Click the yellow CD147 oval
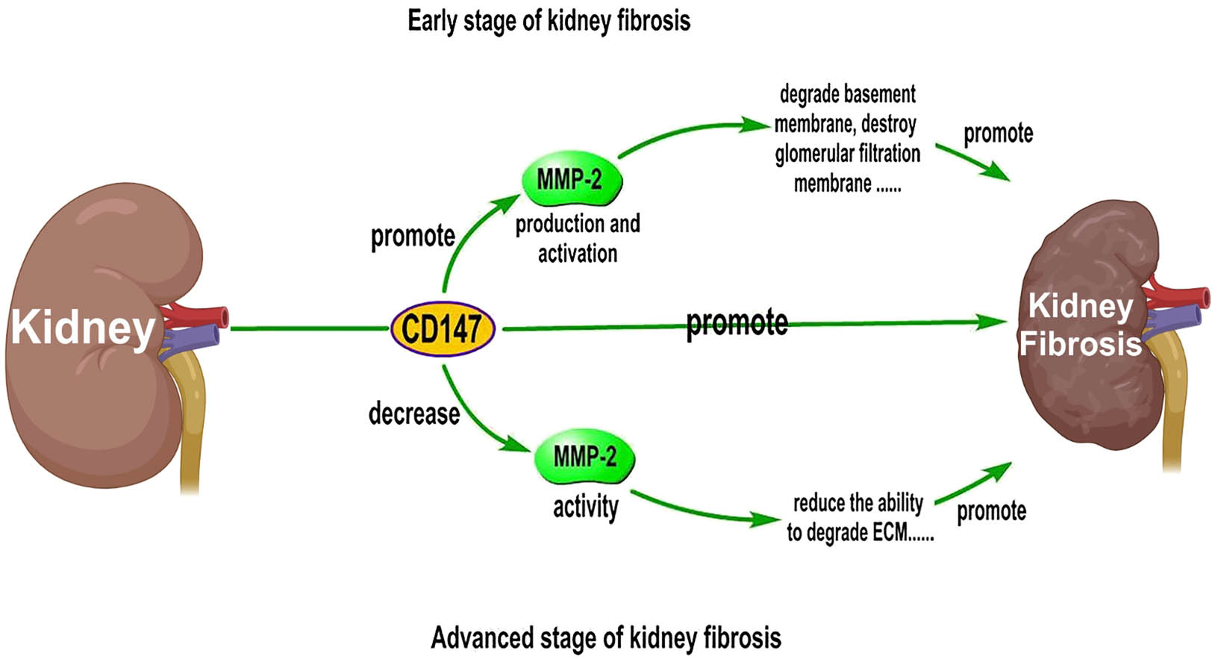pyautogui.click(x=443, y=328)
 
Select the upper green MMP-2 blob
pyautogui.click(x=571, y=178)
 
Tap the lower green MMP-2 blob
pyautogui.click(x=584, y=456)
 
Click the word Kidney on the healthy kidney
pyautogui.click(x=83, y=328)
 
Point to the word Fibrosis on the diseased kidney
pyautogui.click(x=1080, y=343)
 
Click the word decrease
pyautogui.click(x=414, y=413)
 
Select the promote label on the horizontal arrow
pyautogui.click(x=737, y=323)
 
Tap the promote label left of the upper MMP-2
pyautogui.click(x=413, y=237)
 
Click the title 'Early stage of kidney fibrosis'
pyautogui.click(x=549, y=21)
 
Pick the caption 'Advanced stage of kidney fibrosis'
pyautogui.click(x=606, y=638)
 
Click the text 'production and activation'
pyautogui.click(x=578, y=239)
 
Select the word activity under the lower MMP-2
pyautogui.click(x=586, y=507)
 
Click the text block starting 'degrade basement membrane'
pyautogui.click(x=847, y=140)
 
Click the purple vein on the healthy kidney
pyautogui.click(x=190, y=338)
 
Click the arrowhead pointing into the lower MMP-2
pyautogui.click(x=516, y=444)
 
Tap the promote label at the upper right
pyautogui.click(x=999, y=134)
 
